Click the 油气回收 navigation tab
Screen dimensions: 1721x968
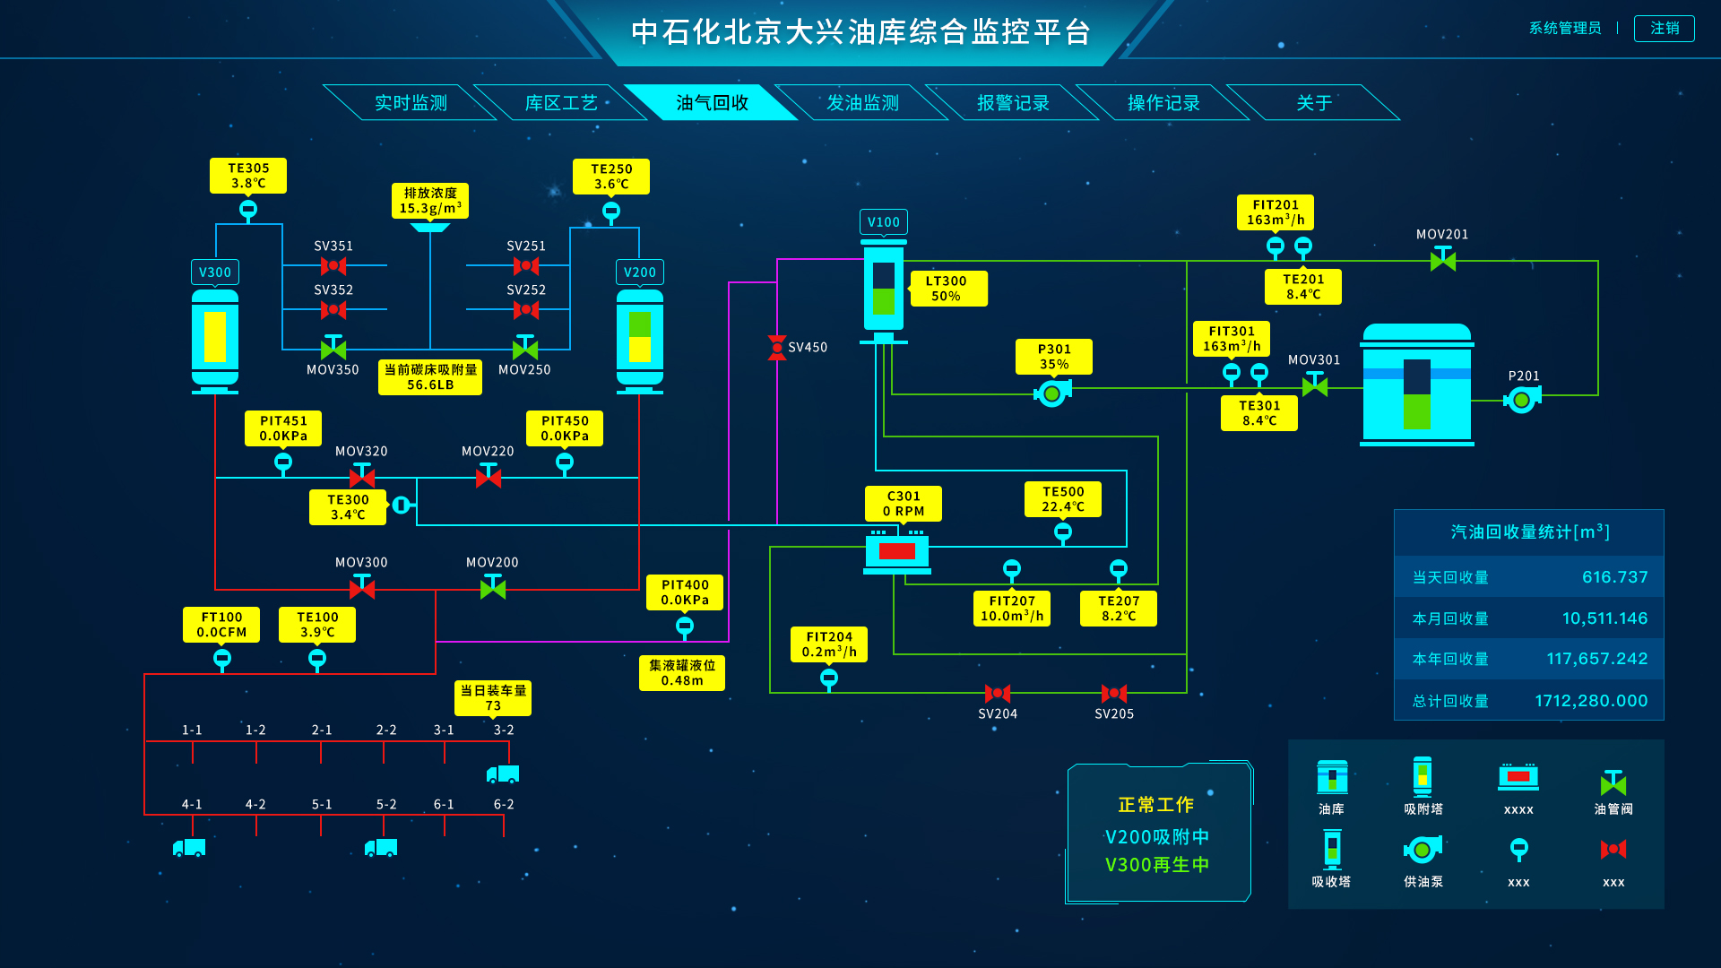point(712,103)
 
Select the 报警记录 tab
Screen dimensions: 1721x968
point(1013,103)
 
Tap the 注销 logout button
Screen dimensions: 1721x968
point(1664,29)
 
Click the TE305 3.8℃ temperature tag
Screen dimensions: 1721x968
point(248,176)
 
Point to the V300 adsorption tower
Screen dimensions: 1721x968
point(215,339)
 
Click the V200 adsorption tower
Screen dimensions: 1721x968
point(639,339)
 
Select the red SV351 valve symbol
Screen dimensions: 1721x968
point(333,265)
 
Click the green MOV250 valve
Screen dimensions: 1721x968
point(525,348)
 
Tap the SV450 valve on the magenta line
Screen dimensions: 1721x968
point(777,348)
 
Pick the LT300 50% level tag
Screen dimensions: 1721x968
point(947,289)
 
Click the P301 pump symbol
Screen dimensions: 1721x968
point(1052,393)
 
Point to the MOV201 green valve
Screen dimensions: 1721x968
point(1442,260)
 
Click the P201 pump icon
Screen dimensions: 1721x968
point(1521,400)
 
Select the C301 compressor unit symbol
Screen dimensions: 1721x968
point(896,551)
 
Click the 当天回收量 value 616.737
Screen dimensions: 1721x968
point(1614,577)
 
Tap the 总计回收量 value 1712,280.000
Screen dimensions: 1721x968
point(1591,701)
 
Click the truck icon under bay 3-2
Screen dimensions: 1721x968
point(503,774)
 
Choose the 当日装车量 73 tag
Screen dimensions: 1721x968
point(493,698)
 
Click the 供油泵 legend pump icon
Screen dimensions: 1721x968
point(1423,849)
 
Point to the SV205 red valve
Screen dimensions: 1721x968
point(1114,693)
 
